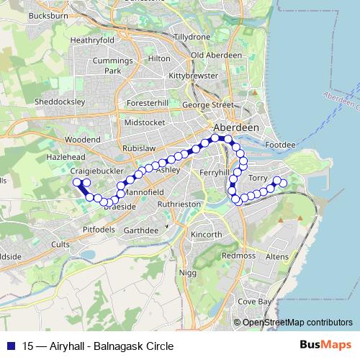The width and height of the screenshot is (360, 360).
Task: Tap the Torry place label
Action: click(257, 177)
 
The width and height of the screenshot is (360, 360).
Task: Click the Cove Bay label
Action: click(255, 302)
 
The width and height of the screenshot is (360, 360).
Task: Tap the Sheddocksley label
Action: click(60, 102)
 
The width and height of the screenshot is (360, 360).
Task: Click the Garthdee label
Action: click(140, 230)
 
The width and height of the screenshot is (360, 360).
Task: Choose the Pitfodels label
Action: click(99, 229)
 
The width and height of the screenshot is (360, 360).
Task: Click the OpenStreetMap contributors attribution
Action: click(297, 323)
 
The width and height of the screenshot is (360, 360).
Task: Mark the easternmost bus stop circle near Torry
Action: click(283, 184)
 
